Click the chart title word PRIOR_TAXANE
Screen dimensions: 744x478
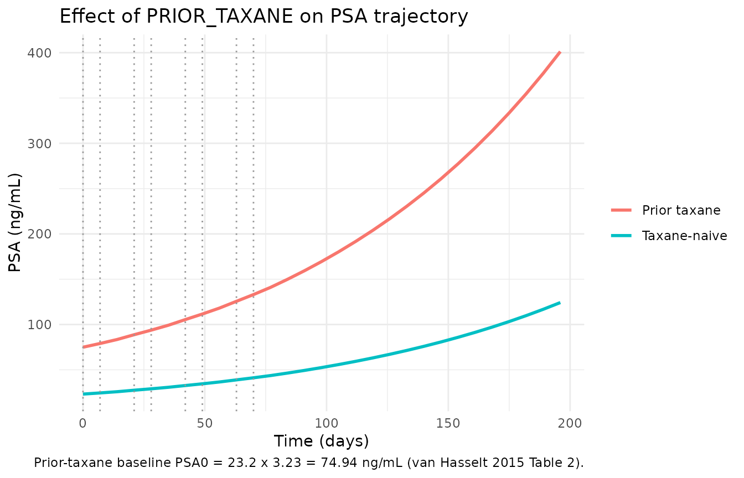(x=220, y=16)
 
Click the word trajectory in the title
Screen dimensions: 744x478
(x=421, y=17)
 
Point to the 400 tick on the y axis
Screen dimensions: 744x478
(x=39, y=53)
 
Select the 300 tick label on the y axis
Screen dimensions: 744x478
(x=39, y=143)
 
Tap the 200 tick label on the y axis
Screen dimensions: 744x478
(x=39, y=234)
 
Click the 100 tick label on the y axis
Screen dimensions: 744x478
(x=39, y=324)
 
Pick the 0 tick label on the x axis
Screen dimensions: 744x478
(x=82, y=423)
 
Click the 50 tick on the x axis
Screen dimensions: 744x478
(x=205, y=423)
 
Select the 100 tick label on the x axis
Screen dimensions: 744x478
(x=327, y=423)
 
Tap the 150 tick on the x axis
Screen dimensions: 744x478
(x=448, y=423)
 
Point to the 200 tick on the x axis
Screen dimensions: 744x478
(x=570, y=423)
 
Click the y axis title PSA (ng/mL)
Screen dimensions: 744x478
(x=14, y=222)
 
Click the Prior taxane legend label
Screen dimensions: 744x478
(x=681, y=210)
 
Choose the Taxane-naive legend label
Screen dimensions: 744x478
(x=685, y=236)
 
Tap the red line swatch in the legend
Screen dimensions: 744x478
(x=621, y=210)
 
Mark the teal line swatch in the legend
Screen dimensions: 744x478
(x=621, y=236)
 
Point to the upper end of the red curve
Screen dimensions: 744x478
(x=560, y=52)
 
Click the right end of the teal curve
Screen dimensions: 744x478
(x=560, y=303)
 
